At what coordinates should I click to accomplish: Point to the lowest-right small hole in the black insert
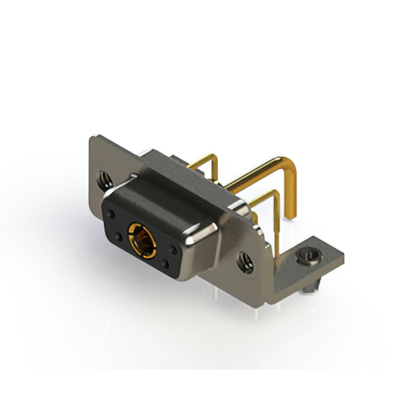tap(166, 263)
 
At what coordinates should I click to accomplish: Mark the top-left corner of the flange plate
tap(93, 137)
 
